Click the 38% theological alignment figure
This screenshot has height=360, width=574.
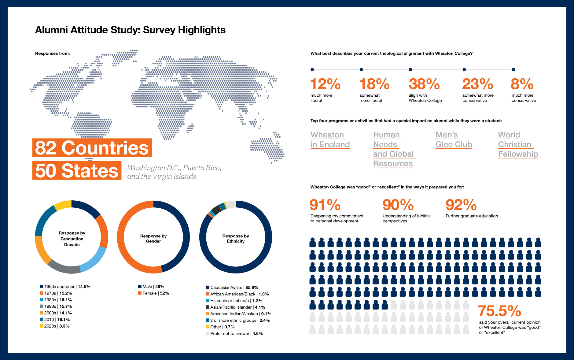[x=424, y=84]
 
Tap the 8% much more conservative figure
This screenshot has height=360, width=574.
[x=522, y=84]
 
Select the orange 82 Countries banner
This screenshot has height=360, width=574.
[x=92, y=148]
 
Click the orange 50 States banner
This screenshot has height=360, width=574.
[x=77, y=171]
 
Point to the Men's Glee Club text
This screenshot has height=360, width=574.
[x=454, y=140]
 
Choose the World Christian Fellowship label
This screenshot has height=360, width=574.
[x=518, y=144]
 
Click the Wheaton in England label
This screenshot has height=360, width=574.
[x=330, y=140]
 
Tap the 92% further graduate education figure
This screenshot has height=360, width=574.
[x=461, y=205]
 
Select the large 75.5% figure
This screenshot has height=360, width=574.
[x=499, y=311]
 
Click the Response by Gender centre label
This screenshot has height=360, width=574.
[x=153, y=239]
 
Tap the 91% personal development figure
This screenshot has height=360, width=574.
[x=325, y=205]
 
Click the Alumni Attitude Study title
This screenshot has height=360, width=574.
[x=130, y=30]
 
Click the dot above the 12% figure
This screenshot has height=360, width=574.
[x=312, y=69]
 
